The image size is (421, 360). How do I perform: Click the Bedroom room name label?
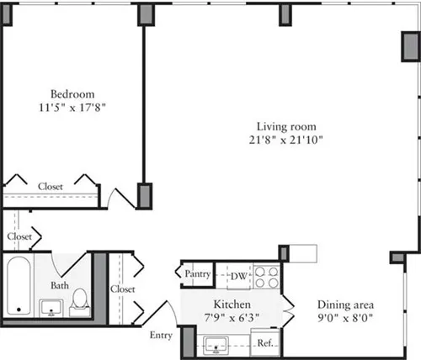click(72, 93)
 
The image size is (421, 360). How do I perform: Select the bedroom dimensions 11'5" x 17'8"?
click(72, 107)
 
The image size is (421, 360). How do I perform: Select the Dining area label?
click(345, 304)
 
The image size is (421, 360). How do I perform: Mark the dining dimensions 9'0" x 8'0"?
click(345, 318)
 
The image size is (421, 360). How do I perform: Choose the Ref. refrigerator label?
click(264, 342)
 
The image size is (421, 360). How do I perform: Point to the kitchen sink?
click(217, 343)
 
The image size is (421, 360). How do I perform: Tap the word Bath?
click(59, 285)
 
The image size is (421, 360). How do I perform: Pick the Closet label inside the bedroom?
click(50, 187)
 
